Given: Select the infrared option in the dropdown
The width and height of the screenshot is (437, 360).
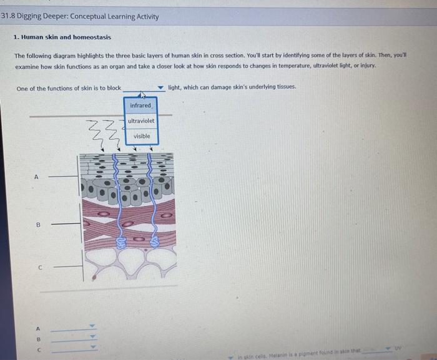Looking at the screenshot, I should [140, 105].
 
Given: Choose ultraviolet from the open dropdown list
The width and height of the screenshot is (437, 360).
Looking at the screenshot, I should [141, 120].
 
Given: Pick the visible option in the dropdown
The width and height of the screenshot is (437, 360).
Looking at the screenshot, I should [142, 136].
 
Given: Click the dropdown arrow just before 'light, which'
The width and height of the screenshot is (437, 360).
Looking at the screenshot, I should [160, 88].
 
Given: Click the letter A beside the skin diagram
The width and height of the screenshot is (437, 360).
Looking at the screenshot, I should [36, 177].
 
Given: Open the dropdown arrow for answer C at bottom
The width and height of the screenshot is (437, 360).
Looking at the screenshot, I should [92, 348].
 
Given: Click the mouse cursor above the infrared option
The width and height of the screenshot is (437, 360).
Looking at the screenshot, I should [142, 95].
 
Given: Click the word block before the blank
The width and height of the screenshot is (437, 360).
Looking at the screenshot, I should [114, 88].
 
